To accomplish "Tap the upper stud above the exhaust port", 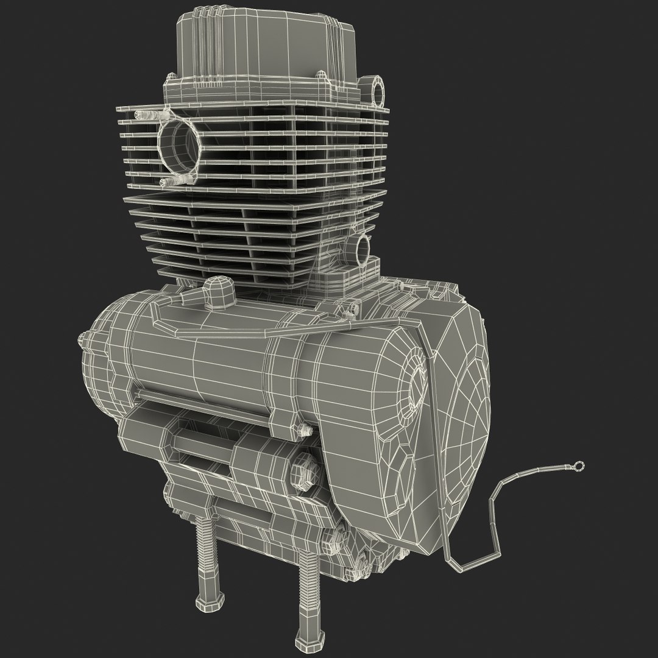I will (x=146, y=115).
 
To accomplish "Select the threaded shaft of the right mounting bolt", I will (x=304, y=594).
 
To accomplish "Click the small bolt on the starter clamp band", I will (x=301, y=428).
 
